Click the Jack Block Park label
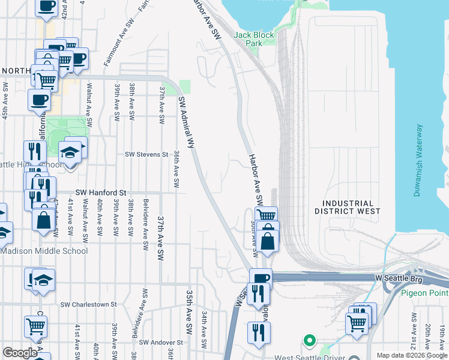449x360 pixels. click(254, 39)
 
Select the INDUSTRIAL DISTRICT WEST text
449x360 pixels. click(348, 208)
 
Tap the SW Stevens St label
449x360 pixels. click(146, 154)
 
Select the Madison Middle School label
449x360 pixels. click(44, 251)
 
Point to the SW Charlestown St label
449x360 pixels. click(88, 304)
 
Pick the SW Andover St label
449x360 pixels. click(161, 343)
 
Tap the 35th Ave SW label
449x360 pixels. click(189, 307)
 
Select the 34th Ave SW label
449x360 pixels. click(204, 328)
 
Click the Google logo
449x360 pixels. click(20, 353)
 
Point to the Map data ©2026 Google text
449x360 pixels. click(412, 355)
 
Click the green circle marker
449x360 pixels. click(309, 340)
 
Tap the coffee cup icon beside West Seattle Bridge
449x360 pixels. click(261, 278)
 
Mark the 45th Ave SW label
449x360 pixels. click(5, 100)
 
